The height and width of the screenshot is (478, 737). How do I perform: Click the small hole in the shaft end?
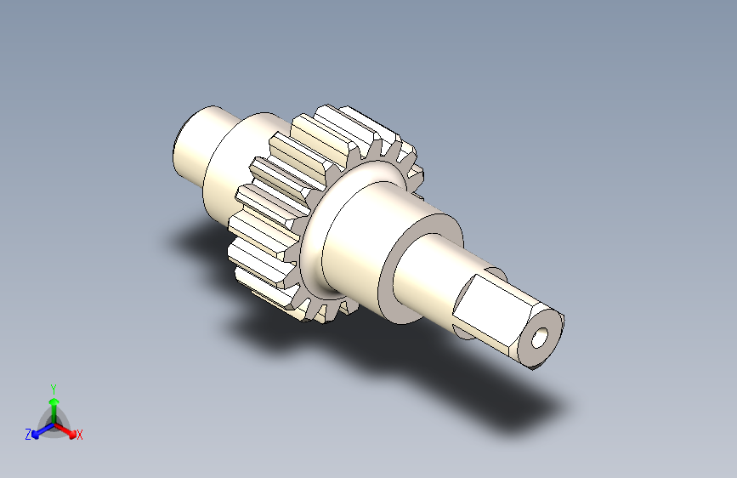(x=540, y=339)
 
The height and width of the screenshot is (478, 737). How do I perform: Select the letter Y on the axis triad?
(x=54, y=389)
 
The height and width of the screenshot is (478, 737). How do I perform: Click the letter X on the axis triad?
(x=79, y=435)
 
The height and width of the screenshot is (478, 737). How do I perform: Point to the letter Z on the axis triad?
(x=28, y=435)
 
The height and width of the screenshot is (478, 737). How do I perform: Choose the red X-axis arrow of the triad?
(x=65, y=430)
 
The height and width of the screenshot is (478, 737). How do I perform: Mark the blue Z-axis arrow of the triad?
(x=43, y=430)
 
